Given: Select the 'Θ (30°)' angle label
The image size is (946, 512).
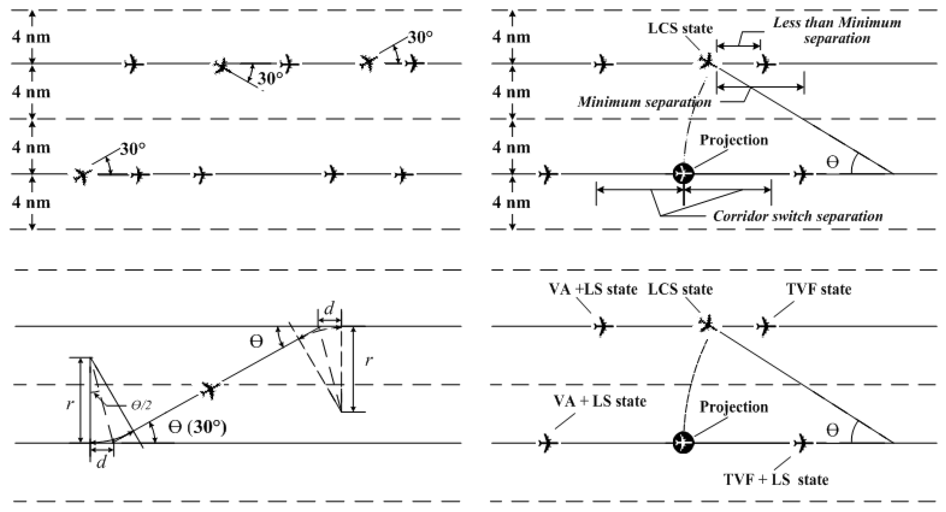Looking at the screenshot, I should (197, 427).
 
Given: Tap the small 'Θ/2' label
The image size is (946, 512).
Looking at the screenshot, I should (141, 405).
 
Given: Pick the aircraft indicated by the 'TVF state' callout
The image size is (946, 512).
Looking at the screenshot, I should (766, 326).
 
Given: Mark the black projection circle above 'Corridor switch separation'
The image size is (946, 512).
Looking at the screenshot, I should (683, 173).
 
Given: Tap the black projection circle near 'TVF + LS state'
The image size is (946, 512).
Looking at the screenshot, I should (683, 443).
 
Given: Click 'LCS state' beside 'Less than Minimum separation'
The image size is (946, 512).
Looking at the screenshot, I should (680, 28).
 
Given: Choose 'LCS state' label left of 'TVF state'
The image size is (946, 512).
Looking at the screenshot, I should (680, 290).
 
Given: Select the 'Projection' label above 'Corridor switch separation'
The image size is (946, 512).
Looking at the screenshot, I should (734, 140).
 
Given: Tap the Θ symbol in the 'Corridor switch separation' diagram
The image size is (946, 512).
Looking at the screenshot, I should (832, 162).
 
